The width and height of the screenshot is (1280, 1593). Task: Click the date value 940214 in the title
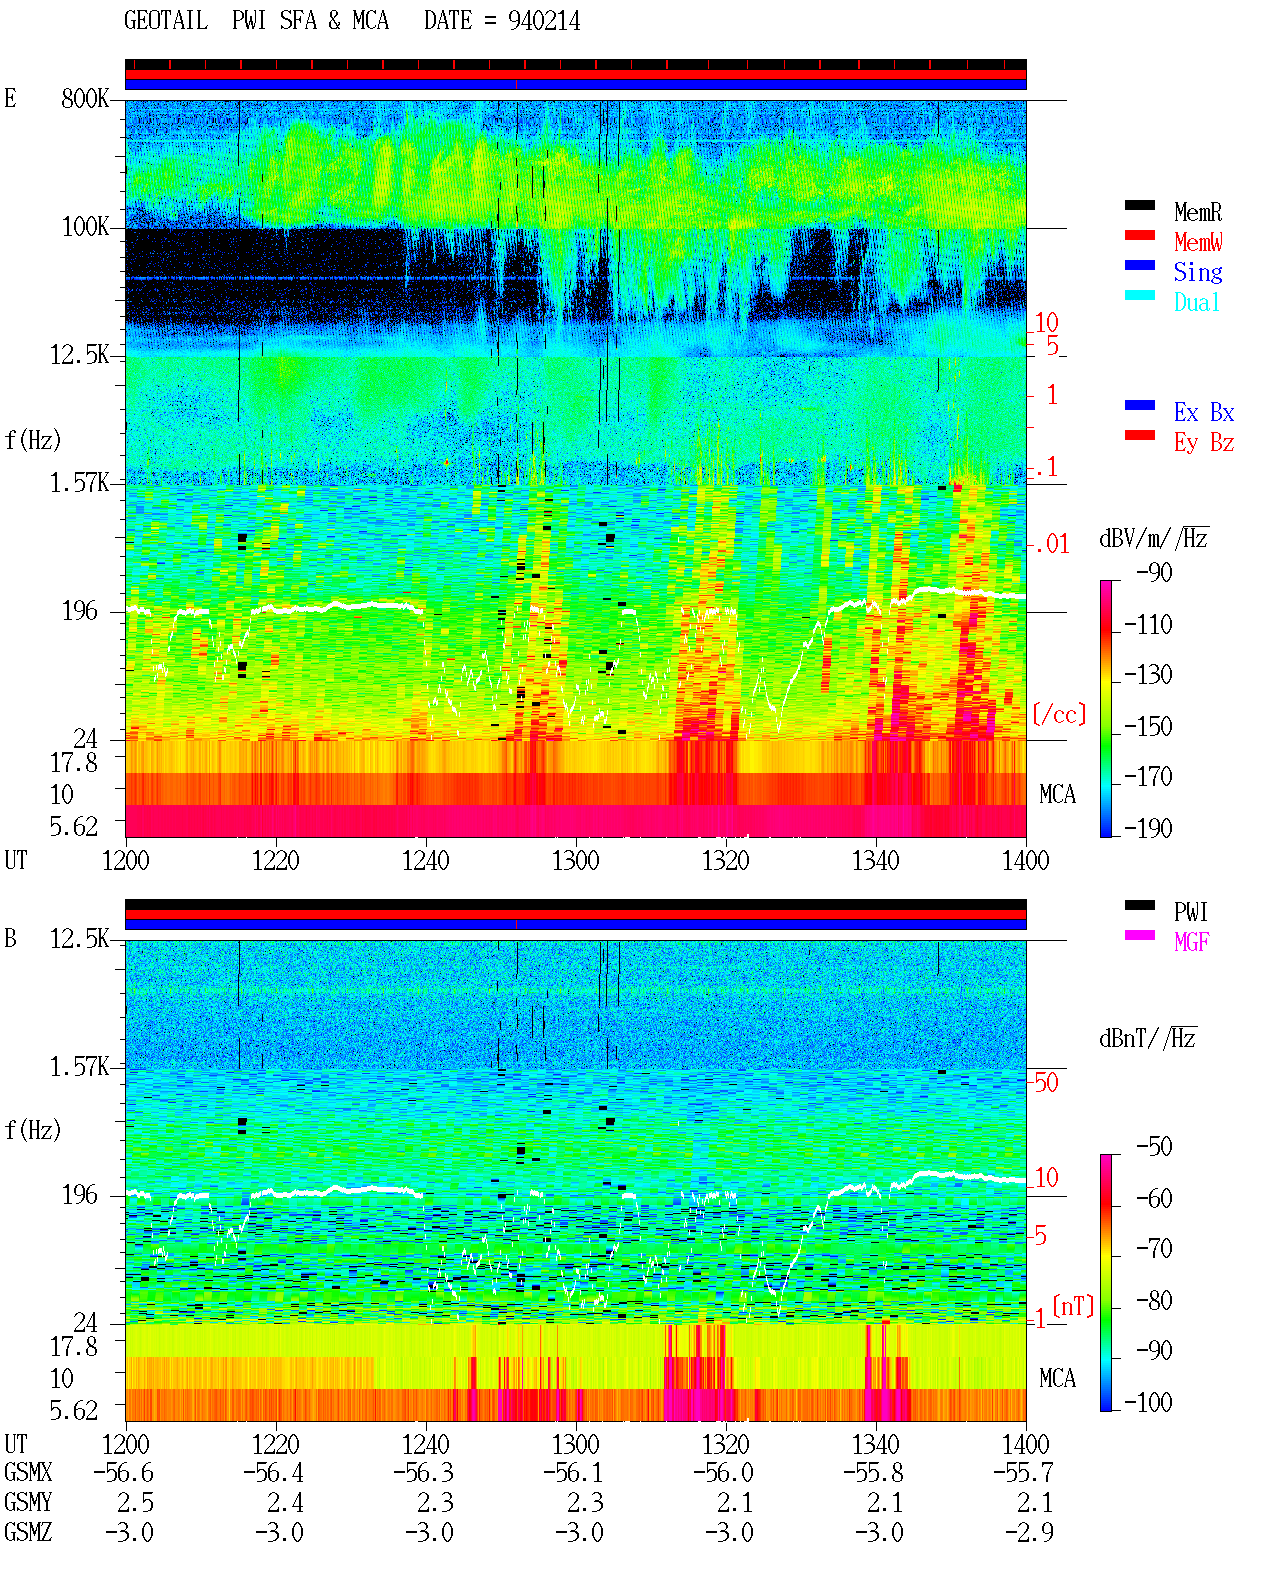pyautogui.click(x=543, y=21)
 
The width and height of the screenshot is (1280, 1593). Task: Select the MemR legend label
pyautogui.click(x=1198, y=212)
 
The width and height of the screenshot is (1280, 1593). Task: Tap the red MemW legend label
pyautogui.click(x=1198, y=242)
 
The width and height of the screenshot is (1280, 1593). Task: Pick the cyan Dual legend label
pyautogui.click(x=1197, y=302)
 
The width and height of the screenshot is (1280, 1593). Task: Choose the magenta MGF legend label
pyautogui.click(x=1191, y=942)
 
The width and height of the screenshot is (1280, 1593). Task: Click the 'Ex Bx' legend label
pyautogui.click(x=1204, y=412)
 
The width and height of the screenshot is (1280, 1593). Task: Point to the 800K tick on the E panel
pyautogui.click(x=85, y=98)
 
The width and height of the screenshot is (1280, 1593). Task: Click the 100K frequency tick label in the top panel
pyautogui.click(x=85, y=227)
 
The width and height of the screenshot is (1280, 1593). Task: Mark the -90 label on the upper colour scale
pyautogui.click(x=1153, y=572)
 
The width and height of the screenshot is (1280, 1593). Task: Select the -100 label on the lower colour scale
pyautogui.click(x=1147, y=1402)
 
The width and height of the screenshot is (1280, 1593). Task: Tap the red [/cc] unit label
pyautogui.click(x=1059, y=714)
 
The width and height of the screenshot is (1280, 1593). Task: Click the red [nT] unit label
pyautogui.click(x=1073, y=1306)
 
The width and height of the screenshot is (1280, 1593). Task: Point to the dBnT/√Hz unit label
pyautogui.click(x=1147, y=1039)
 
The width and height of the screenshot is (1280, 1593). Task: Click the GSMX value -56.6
pyautogui.click(x=124, y=1472)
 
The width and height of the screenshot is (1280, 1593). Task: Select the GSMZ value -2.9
pyautogui.click(x=1029, y=1532)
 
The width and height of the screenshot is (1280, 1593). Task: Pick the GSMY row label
pyautogui.click(x=28, y=1502)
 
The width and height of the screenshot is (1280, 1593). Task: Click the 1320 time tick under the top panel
pyautogui.click(x=726, y=860)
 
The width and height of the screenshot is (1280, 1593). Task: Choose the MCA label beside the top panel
pyautogui.click(x=1057, y=794)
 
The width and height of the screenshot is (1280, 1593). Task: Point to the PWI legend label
pyautogui.click(x=1191, y=911)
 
